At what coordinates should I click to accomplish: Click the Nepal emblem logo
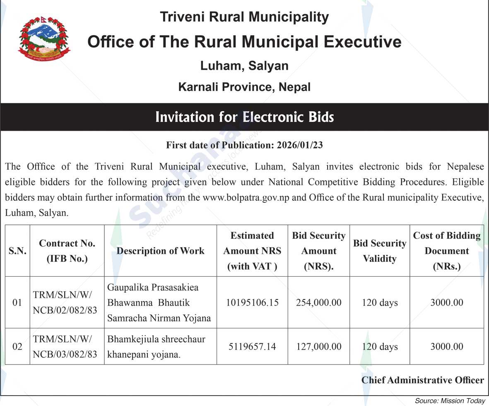[x=44, y=39]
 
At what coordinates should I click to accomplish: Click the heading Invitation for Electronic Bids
[x=244, y=117]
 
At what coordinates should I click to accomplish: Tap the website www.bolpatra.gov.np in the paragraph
[x=248, y=197]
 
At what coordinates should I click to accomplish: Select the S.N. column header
[x=17, y=251]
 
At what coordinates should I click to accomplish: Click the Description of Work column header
[x=160, y=251]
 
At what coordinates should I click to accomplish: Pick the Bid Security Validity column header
[x=380, y=251]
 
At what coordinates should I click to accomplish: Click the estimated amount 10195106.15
[x=252, y=303]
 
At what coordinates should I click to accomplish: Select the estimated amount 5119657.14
[x=252, y=346]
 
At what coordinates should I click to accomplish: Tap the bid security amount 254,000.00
[x=318, y=303]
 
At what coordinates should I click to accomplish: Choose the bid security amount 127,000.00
[x=318, y=346]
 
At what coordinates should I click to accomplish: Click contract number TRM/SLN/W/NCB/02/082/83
[x=65, y=302]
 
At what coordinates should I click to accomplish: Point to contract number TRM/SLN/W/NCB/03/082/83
[x=65, y=346]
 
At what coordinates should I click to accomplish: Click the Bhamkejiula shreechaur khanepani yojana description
[x=156, y=347]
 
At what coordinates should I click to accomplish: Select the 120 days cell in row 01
[x=380, y=303]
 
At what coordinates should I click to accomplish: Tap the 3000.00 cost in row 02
[x=446, y=346]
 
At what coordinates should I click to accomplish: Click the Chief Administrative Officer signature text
[x=422, y=380]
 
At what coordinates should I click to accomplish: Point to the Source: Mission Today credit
[x=450, y=401]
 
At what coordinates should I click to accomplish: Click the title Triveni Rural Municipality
[x=244, y=17]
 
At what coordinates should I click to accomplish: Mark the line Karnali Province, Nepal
[x=244, y=87]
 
